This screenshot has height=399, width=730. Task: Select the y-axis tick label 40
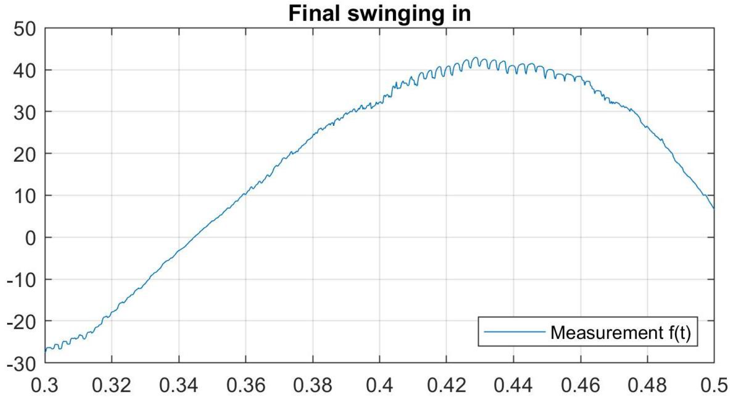(x=25, y=71)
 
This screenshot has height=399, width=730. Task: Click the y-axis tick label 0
(x=30, y=238)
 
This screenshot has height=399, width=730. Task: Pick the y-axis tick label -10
(x=21, y=280)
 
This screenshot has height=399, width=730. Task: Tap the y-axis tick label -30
(x=21, y=364)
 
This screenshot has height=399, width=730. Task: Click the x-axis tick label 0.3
(x=45, y=385)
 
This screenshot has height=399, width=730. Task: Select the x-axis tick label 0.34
(x=179, y=385)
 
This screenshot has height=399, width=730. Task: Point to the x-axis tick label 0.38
(x=312, y=385)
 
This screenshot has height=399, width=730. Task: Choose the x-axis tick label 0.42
(x=446, y=385)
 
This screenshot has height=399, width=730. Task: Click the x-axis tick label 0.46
(x=580, y=385)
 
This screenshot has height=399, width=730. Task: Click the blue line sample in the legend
(x=515, y=332)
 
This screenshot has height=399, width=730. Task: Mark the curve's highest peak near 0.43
(x=475, y=58)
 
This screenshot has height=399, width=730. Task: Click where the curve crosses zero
(x=195, y=237)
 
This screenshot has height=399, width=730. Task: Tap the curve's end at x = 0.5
(x=713, y=208)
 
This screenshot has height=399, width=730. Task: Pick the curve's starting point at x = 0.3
(x=46, y=351)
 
